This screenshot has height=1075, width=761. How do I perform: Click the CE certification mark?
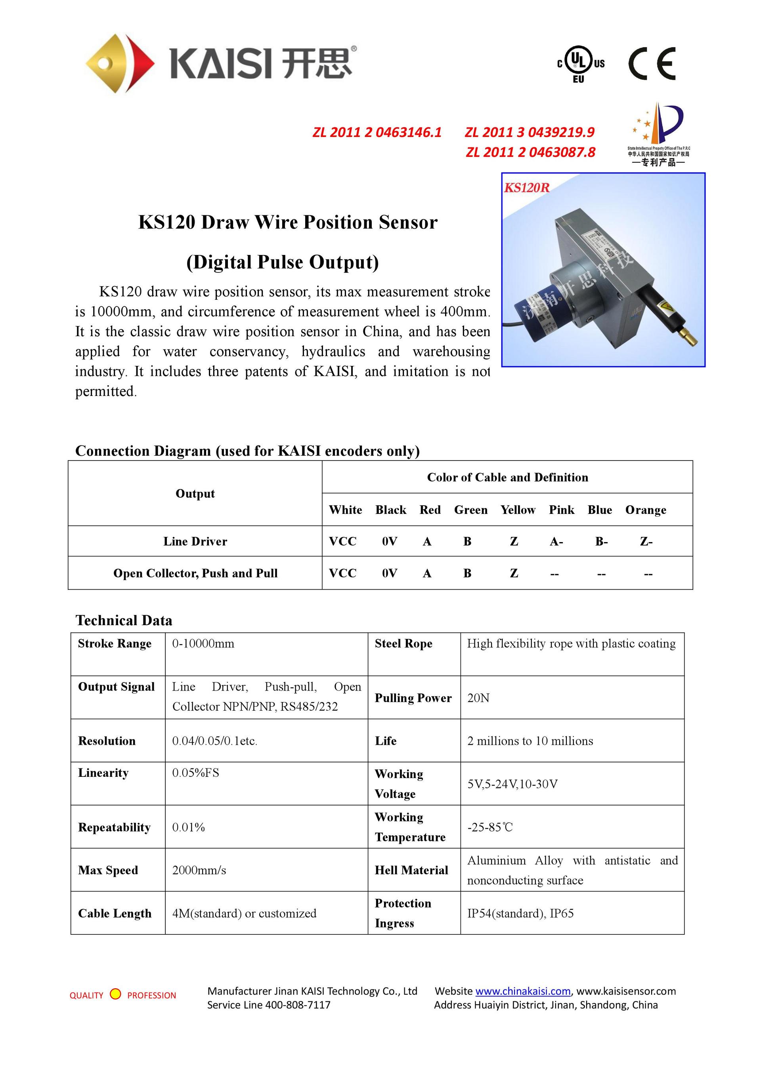click(x=652, y=64)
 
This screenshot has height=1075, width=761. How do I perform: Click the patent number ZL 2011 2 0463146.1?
click(x=377, y=133)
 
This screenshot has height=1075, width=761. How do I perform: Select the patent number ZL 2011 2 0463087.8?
click(x=530, y=152)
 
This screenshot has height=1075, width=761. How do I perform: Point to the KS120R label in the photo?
click(x=527, y=188)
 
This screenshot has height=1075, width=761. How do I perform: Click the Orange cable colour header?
click(x=645, y=510)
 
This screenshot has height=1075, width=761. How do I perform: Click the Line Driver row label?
click(x=195, y=542)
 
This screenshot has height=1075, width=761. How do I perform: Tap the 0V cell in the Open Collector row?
click(x=389, y=574)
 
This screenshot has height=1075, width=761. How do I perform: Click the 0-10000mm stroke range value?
click(x=203, y=644)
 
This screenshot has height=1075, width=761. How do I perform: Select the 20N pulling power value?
click(x=478, y=698)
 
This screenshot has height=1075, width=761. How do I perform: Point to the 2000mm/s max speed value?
click(x=199, y=870)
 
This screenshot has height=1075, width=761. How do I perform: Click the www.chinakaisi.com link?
click(x=523, y=991)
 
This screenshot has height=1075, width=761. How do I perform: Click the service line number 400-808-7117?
click(x=298, y=1005)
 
